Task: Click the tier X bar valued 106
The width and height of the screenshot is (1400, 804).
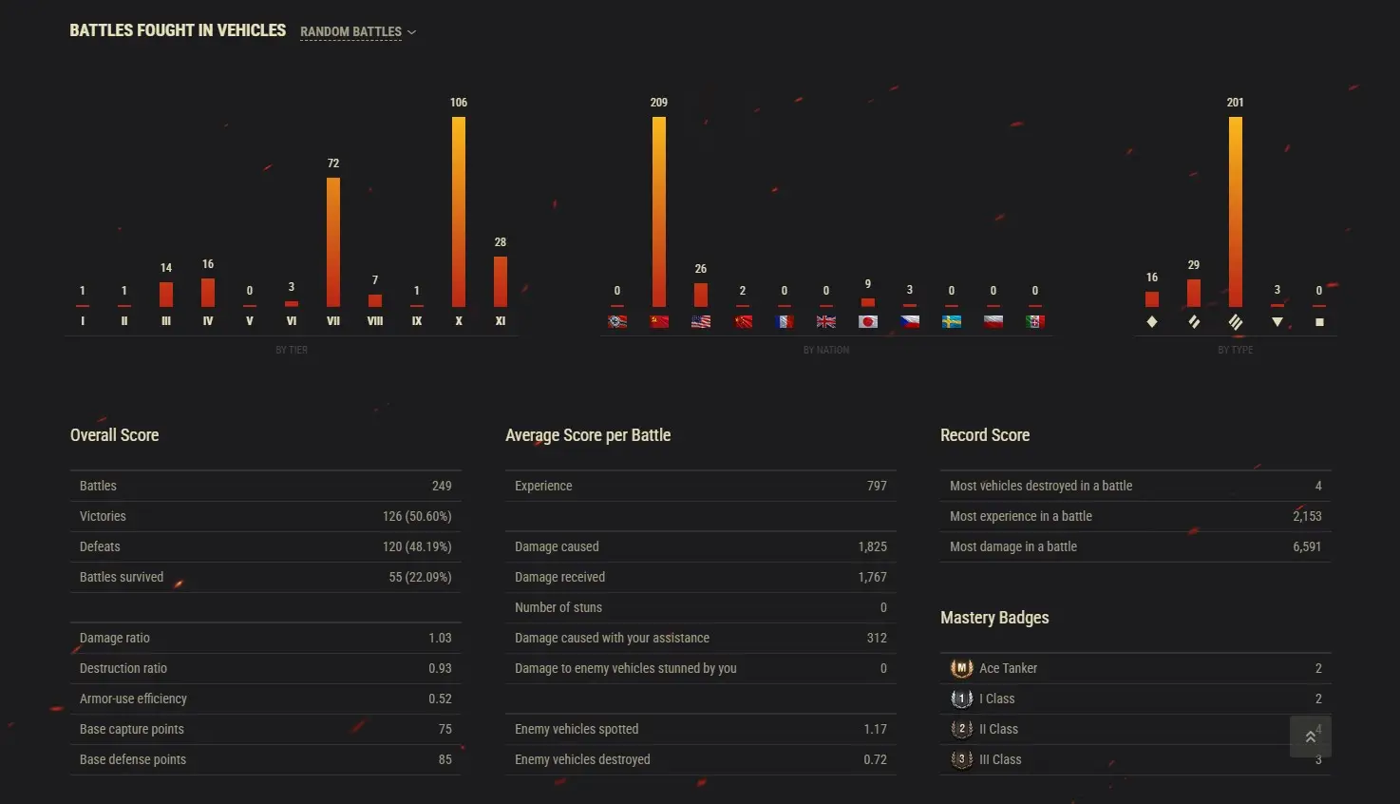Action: pyautogui.click(x=459, y=211)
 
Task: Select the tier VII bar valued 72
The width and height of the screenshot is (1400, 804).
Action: pyautogui.click(x=333, y=241)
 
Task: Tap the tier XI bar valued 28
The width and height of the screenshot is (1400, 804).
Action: pyautogui.click(x=501, y=281)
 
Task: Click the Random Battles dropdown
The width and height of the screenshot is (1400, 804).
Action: pyautogui.click(x=358, y=32)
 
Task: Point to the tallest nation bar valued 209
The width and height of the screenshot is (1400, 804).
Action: pyautogui.click(x=659, y=211)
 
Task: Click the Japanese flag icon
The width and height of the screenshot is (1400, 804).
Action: pyautogui.click(x=867, y=321)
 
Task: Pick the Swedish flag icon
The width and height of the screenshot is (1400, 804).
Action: pyautogui.click(x=951, y=321)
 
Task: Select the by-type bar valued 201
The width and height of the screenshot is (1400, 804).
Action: pyautogui.click(x=1235, y=211)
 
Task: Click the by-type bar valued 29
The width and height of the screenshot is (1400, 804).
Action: pyautogui.click(x=1194, y=293)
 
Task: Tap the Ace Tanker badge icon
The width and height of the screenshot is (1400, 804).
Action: pyautogui.click(x=961, y=668)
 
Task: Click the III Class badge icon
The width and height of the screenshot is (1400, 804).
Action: pyautogui.click(x=961, y=759)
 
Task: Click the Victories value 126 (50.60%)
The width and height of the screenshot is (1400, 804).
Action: pyautogui.click(x=417, y=516)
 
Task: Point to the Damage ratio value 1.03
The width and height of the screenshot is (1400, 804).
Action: pyautogui.click(x=440, y=638)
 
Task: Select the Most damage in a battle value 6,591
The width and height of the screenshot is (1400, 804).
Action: pyautogui.click(x=1306, y=546)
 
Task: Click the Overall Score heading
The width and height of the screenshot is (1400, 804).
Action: pyautogui.click(x=114, y=435)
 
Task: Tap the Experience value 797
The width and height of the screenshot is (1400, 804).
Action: pyautogui.click(x=877, y=486)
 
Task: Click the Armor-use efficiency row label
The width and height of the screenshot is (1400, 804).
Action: pyautogui.click(x=133, y=699)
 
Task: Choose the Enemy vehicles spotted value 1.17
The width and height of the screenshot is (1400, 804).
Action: pyautogui.click(x=875, y=729)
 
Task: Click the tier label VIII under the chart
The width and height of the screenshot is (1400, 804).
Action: pyautogui.click(x=375, y=321)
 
